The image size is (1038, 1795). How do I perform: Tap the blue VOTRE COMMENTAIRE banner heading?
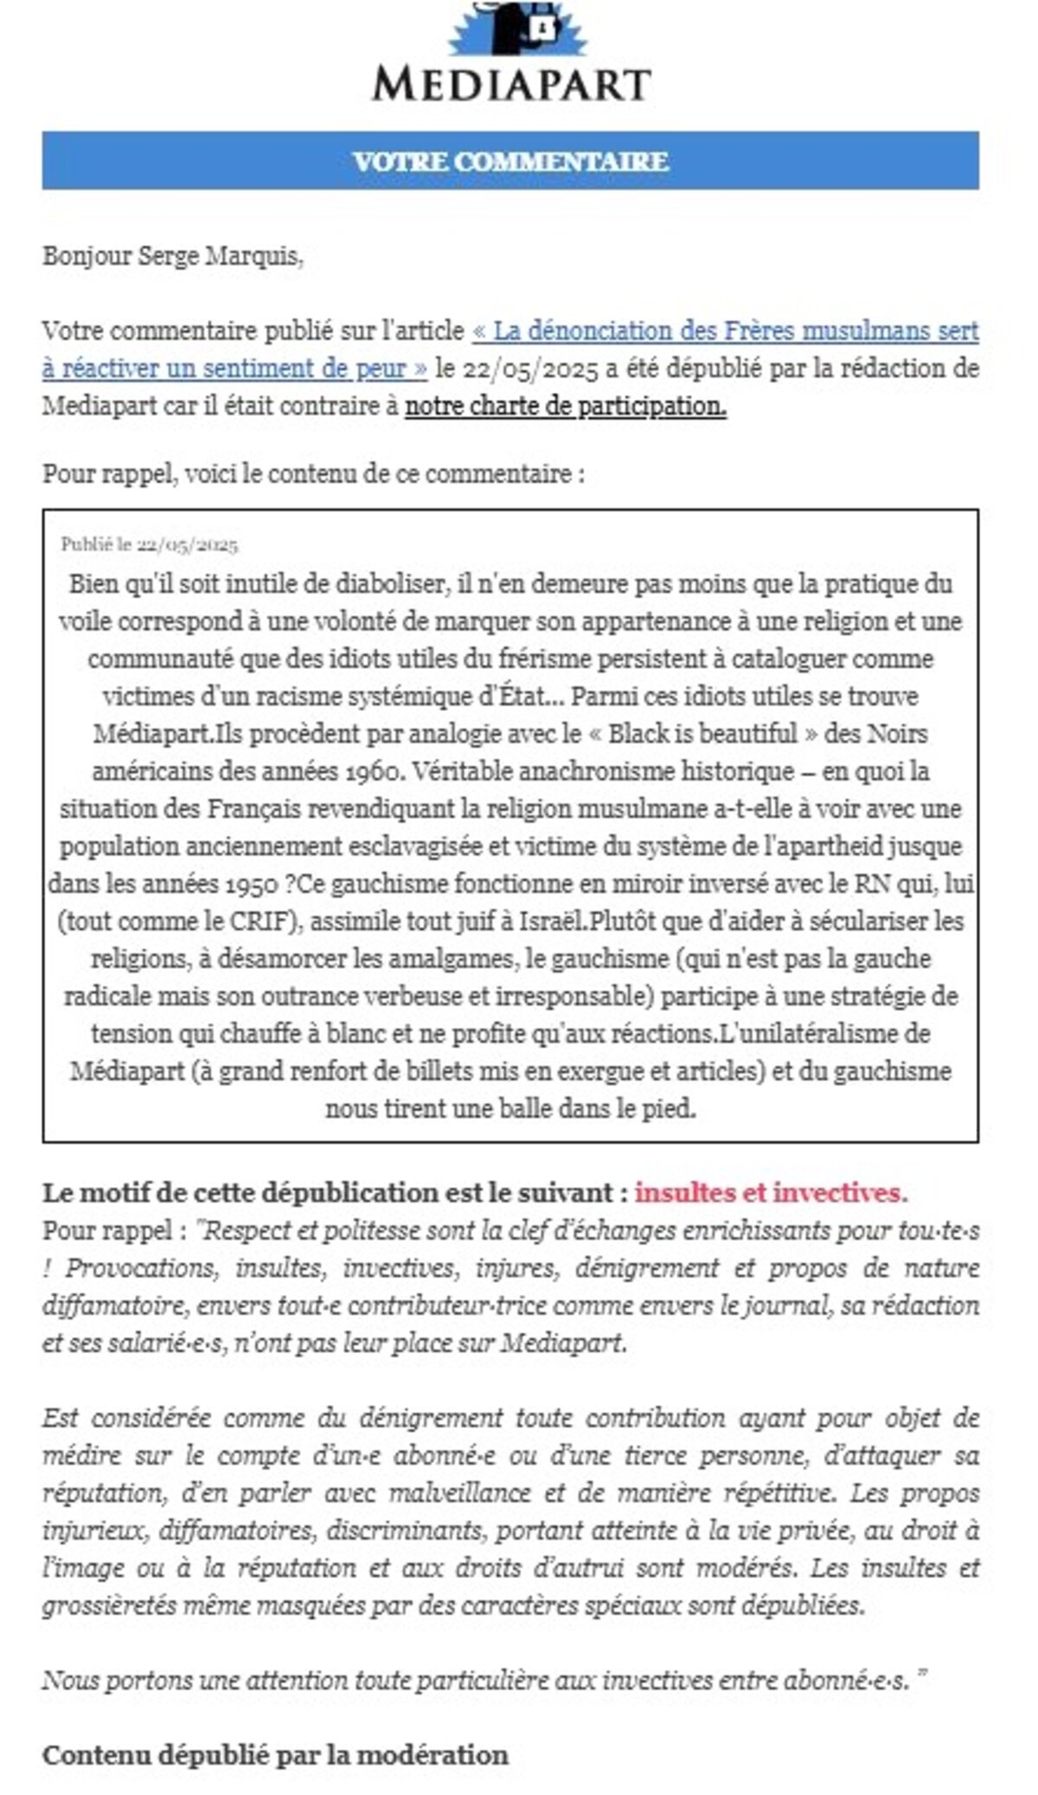point(510,161)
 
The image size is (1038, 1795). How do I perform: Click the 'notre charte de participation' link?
point(565,406)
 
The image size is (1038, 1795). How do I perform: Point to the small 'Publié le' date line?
point(149,545)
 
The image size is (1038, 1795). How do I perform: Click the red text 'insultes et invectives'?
point(771,1193)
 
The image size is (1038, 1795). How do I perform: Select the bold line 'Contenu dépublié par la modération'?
point(275,1755)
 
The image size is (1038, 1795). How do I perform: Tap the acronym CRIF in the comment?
point(259,921)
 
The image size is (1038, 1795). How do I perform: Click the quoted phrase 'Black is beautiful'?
point(702,734)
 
